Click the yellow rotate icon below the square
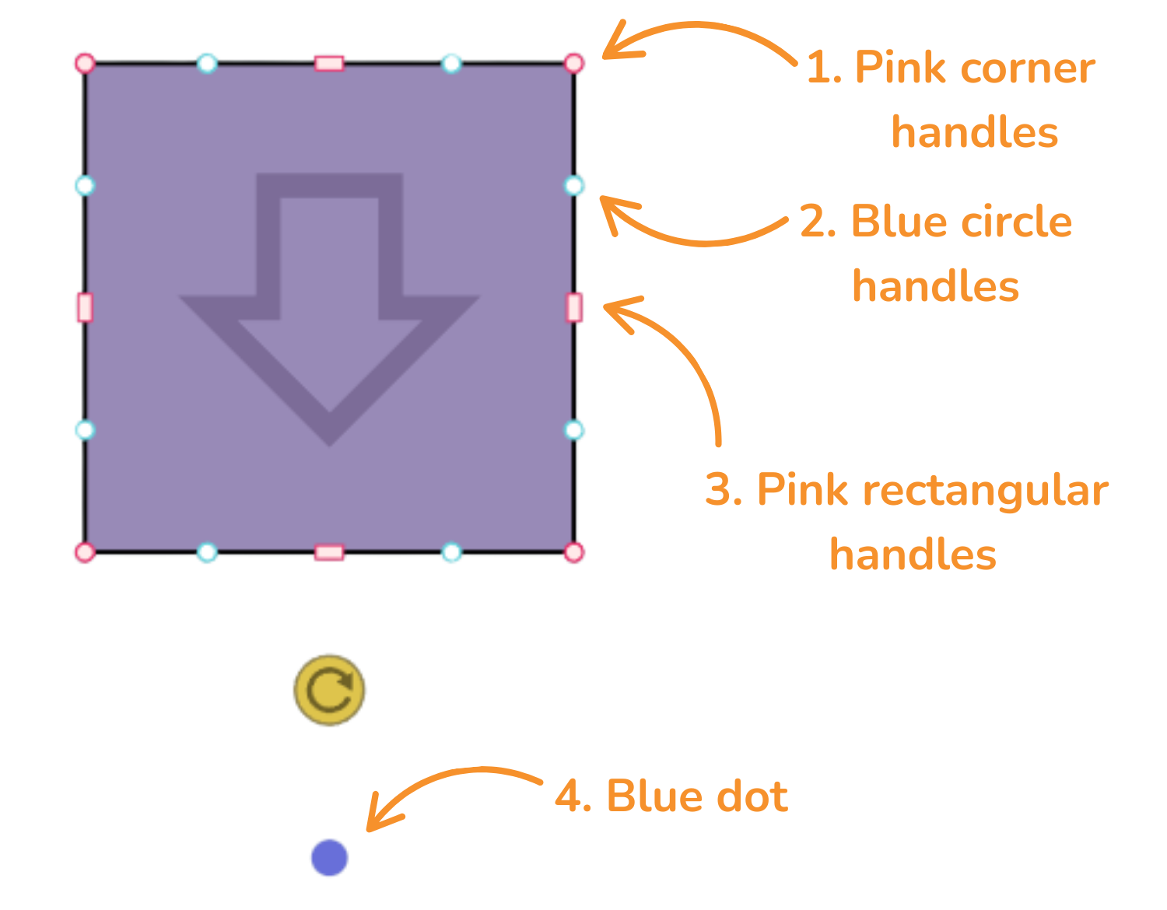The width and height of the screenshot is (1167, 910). [x=329, y=690]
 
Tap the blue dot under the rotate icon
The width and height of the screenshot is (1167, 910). [x=329, y=857]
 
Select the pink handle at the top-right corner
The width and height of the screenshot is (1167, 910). [x=573, y=63]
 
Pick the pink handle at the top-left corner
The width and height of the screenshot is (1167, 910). [x=85, y=63]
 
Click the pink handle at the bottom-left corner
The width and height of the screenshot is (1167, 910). [x=85, y=552]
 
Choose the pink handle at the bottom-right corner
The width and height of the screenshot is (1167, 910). [x=573, y=552]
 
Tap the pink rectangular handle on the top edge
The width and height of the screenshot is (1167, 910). [x=329, y=63]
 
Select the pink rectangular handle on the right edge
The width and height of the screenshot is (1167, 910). [x=573, y=307]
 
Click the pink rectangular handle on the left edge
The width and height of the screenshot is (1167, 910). [x=85, y=307]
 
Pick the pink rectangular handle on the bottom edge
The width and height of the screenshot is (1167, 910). [x=329, y=552]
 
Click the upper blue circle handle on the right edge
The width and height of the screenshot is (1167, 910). [x=573, y=185]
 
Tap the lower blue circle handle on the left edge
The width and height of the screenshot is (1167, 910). [x=85, y=429]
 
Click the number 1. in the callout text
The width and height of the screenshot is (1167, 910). [x=824, y=68]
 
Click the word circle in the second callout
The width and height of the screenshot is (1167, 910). [x=1017, y=222]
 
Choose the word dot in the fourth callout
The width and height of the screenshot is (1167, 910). [x=750, y=796]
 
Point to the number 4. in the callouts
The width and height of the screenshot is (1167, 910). [x=573, y=796]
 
